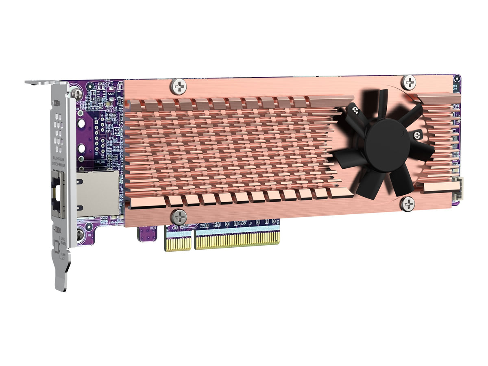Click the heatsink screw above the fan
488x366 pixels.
coord(408,82)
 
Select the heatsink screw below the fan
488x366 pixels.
coord(407,203)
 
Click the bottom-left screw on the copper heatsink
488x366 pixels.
coord(179,217)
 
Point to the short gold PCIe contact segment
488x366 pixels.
coord(178,243)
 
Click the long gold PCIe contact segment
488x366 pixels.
coord(237,240)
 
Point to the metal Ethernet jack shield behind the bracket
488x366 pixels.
coord(97,193)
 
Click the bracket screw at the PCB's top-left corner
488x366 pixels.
coord(76,93)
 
